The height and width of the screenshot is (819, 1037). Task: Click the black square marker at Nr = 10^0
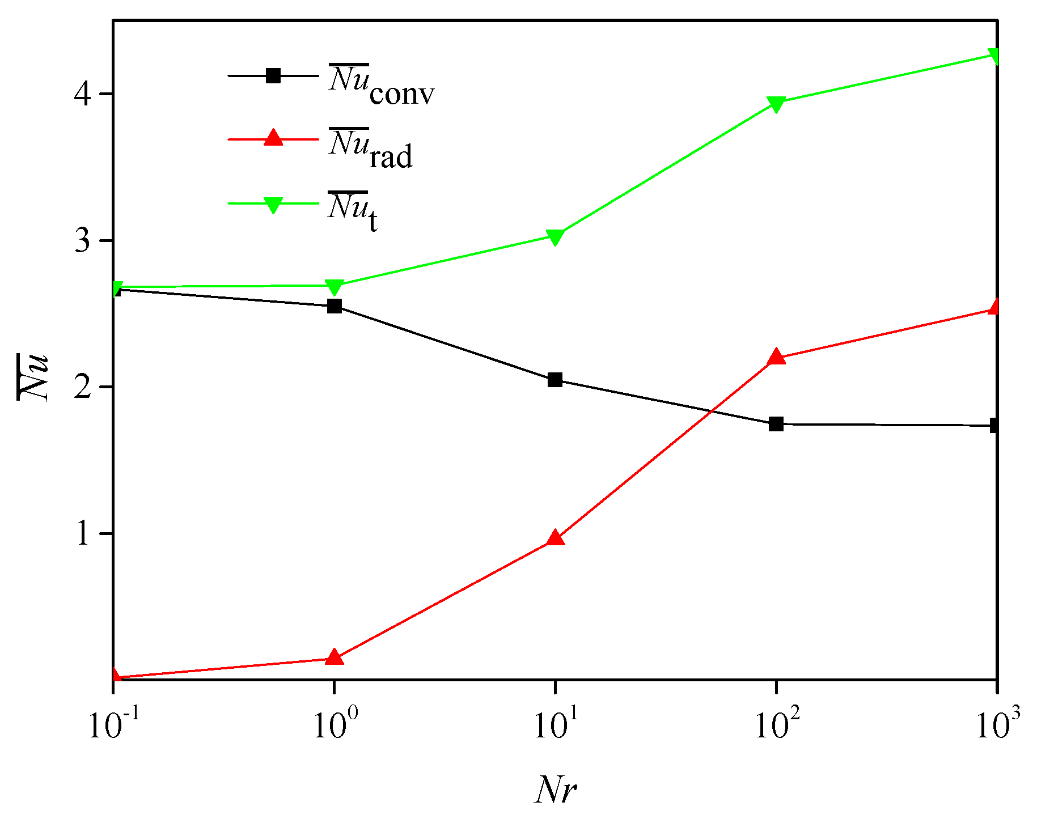[x=335, y=307]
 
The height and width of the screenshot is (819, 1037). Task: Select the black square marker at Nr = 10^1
[x=555, y=380]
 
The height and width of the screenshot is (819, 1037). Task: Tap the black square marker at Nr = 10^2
[x=776, y=424]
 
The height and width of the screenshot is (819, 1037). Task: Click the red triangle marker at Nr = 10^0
[x=335, y=657]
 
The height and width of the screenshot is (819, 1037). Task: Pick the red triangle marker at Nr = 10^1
[x=555, y=538]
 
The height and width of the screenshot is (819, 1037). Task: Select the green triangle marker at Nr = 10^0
[x=335, y=287]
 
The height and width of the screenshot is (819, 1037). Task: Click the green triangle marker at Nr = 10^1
[x=555, y=237]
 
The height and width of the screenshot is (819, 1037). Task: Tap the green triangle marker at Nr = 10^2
[x=776, y=104]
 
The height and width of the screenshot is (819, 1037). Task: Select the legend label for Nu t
[x=353, y=211]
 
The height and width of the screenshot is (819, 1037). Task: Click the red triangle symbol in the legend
[x=273, y=138]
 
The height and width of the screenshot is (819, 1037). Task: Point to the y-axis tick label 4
[x=83, y=94]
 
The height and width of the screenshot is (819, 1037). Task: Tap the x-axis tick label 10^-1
[x=113, y=725]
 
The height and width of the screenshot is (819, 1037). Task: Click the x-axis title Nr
[x=555, y=788]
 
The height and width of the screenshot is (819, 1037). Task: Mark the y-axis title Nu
[x=33, y=377]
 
